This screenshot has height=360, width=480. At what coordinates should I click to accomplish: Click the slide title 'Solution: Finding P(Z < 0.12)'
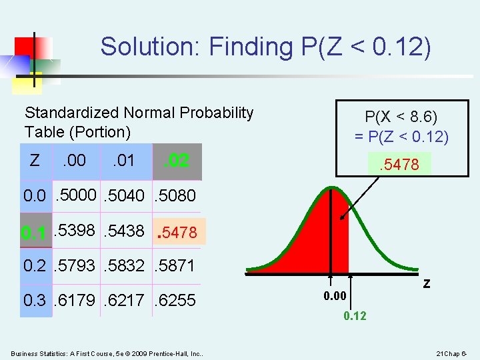tap(265, 47)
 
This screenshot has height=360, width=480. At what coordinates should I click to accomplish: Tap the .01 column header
tap(123, 160)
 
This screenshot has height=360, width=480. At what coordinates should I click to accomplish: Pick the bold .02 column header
tap(177, 161)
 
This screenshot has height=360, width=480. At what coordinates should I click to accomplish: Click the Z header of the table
tap(35, 160)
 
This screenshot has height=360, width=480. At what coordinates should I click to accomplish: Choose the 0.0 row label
tap(35, 196)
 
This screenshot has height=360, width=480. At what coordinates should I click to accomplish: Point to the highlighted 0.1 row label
tap(34, 233)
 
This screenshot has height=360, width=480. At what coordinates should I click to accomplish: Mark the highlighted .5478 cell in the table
tap(177, 233)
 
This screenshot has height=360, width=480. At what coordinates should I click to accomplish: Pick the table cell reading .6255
tap(175, 301)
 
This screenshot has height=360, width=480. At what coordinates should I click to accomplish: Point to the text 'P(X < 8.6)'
tap(401, 117)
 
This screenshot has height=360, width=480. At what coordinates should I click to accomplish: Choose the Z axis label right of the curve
tap(426, 283)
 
